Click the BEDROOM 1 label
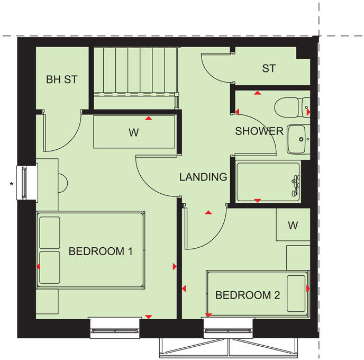point(101,251)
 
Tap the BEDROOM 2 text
point(248,295)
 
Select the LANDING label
point(203,177)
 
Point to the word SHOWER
point(259,131)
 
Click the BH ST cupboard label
point(62,80)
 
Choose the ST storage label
point(269,68)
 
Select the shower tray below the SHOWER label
point(267,181)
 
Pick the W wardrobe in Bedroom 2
point(293,226)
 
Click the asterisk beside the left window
point(11,184)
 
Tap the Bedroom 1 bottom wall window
point(115,329)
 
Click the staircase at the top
point(134,70)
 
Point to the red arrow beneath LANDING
point(208,213)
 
